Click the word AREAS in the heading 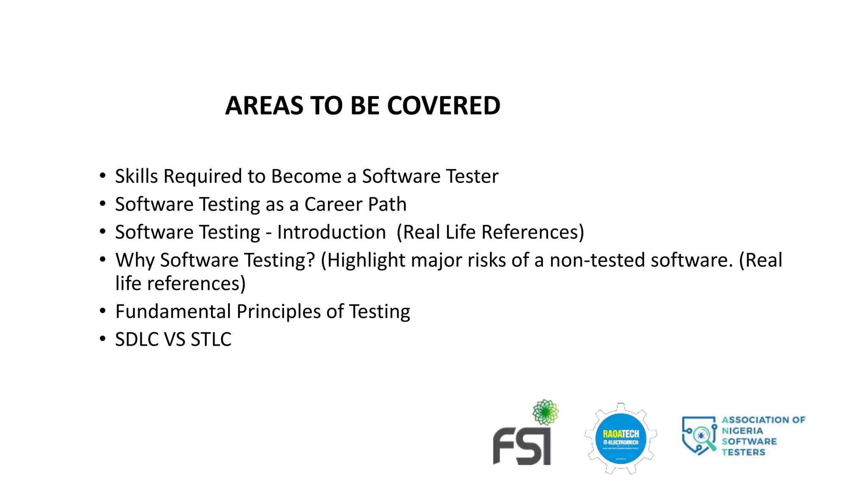(264, 105)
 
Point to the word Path (387, 204)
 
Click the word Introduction (331, 232)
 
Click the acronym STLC (211, 339)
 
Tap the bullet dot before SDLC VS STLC (103, 339)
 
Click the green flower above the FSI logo (545, 412)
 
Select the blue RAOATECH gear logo (621, 438)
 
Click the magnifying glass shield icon (698, 435)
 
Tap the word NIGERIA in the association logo (742, 431)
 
